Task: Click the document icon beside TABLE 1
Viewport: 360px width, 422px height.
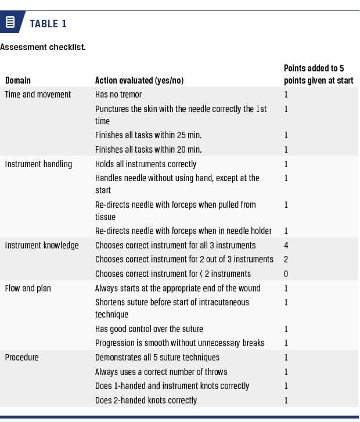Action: coord(10,23)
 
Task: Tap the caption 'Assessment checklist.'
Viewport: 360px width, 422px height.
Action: coord(42,47)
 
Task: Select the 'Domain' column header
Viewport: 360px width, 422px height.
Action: coord(18,81)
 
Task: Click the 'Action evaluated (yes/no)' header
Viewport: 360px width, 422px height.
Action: coord(139,81)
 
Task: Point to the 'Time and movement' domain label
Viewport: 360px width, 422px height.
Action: coord(38,94)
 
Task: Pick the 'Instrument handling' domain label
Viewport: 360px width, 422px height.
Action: coord(38,164)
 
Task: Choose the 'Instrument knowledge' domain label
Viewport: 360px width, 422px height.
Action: coord(41,246)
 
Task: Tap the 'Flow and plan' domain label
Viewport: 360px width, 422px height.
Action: coord(27,288)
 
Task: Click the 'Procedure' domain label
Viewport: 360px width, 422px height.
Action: coord(21,358)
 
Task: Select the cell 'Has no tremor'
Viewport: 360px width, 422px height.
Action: coord(118,94)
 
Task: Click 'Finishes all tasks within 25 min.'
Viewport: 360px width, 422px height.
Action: coord(149,135)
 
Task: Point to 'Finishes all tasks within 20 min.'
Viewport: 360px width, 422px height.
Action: coord(149,150)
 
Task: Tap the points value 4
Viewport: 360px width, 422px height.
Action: coord(286,246)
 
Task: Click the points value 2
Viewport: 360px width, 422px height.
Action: coord(286,259)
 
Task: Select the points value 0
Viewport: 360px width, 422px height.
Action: coord(286,274)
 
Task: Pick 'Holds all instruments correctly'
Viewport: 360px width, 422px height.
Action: coord(146,164)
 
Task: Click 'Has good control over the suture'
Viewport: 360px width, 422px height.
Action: coord(149,329)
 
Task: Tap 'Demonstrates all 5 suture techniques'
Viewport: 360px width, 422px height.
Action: coord(157,358)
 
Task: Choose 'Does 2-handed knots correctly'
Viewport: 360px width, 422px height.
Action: coord(146,400)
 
